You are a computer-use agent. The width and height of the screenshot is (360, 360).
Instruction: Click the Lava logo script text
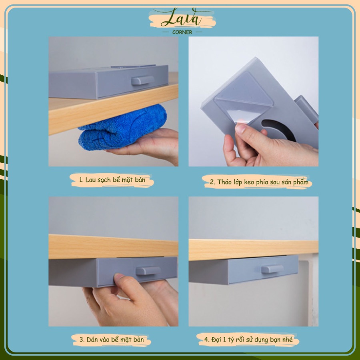pyautogui.click(x=181, y=18)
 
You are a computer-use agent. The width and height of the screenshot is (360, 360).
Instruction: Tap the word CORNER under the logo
pyautogui.click(x=182, y=32)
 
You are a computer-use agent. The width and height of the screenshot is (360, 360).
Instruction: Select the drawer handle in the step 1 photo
pyautogui.click(x=142, y=80)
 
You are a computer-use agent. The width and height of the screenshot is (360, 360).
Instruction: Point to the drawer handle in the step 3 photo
pyautogui.click(x=148, y=271)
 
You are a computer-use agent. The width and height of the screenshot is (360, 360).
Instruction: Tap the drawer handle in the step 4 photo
pyautogui.click(x=272, y=269)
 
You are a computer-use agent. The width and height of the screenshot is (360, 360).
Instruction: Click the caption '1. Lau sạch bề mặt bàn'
pyautogui.click(x=112, y=180)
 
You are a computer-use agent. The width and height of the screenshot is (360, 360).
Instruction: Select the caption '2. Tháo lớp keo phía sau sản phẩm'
pyautogui.click(x=259, y=182)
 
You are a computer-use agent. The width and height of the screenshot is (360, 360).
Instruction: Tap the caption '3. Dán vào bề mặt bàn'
pyautogui.click(x=112, y=339)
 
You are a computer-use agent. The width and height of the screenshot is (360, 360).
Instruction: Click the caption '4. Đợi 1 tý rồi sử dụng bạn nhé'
pyautogui.click(x=248, y=339)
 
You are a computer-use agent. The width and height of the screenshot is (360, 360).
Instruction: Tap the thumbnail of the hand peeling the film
pyautogui.click(x=254, y=101)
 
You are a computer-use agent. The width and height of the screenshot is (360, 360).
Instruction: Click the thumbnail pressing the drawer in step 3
pyautogui.click(x=114, y=261)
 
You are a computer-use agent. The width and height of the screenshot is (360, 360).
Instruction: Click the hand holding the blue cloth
pyautogui.click(x=147, y=146)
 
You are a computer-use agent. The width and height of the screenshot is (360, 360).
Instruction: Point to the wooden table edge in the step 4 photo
pyautogui.click(x=254, y=250)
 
